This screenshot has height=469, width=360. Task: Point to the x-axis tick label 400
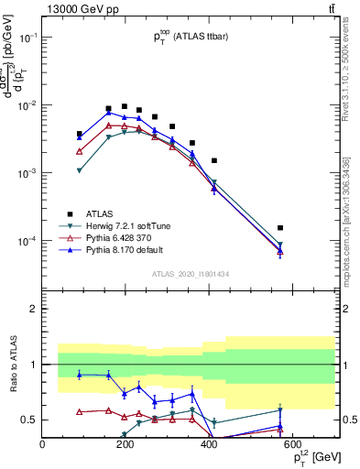(x=209, y=445)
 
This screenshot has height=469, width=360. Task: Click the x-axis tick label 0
(x=43, y=445)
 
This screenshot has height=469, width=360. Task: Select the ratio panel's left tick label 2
(x=32, y=309)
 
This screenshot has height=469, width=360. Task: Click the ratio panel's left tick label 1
(x=32, y=365)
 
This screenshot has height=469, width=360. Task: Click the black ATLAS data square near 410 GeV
(x=213, y=160)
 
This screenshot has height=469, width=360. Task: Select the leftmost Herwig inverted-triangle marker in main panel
(x=80, y=170)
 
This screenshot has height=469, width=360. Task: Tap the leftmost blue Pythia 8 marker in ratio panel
(x=80, y=375)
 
